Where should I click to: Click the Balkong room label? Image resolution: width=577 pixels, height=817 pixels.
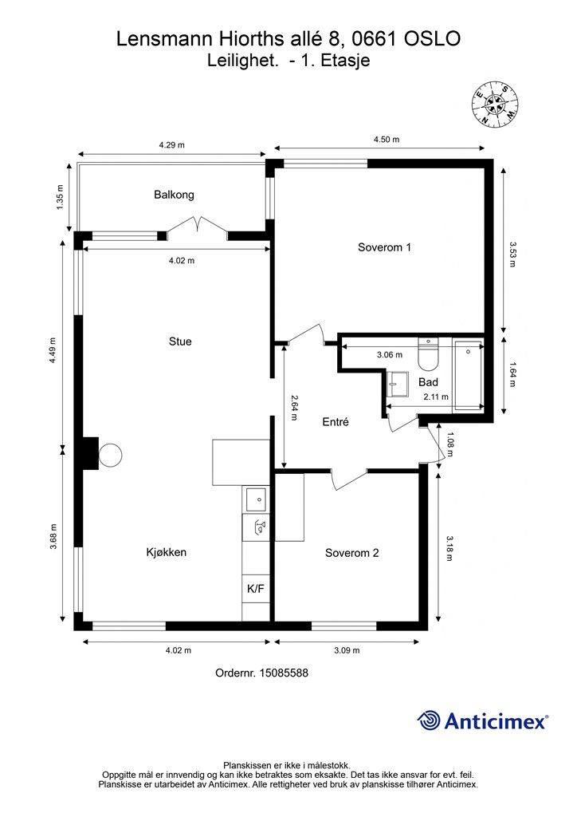click(x=174, y=195)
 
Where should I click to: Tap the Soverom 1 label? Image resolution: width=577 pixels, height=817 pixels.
click(x=384, y=247)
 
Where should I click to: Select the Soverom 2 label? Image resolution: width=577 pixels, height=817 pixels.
click(x=351, y=553)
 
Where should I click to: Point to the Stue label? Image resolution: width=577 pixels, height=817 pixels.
click(x=180, y=341)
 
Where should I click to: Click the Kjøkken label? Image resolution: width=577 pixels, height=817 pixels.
click(x=166, y=552)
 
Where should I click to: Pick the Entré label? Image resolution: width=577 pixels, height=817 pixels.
click(x=336, y=422)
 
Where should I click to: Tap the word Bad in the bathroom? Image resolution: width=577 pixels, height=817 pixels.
click(x=428, y=382)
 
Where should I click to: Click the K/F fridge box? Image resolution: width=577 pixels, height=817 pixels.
click(x=256, y=589)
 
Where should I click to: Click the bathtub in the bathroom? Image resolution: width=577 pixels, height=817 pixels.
click(x=469, y=376)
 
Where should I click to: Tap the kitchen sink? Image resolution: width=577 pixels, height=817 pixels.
click(x=256, y=499)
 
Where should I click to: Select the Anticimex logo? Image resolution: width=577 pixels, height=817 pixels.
click(x=482, y=721)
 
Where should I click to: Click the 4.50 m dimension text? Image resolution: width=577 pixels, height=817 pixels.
click(x=387, y=140)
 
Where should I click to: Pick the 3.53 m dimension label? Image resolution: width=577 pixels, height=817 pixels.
click(x=512, y=255)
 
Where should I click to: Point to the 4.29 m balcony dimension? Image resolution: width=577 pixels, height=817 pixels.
click(x=171, y=145)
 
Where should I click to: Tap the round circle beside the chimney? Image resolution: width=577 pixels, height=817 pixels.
click(x=110, y=455)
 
